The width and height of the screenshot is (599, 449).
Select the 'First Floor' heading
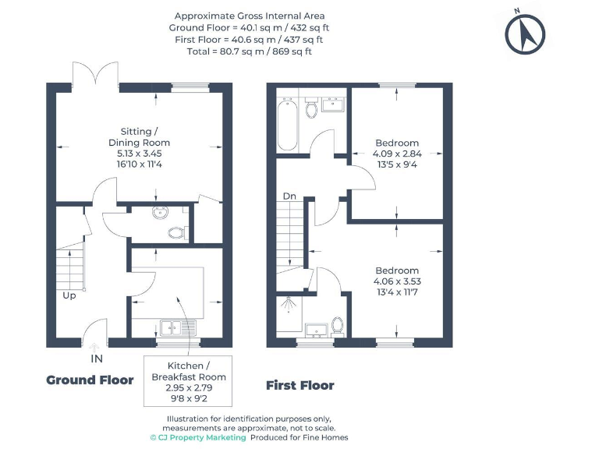coord(299,385)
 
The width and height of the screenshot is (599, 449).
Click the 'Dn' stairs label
coord(289,196)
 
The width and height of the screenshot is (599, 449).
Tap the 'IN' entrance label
coord(97,359)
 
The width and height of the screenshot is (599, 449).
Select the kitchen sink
coord(172,328)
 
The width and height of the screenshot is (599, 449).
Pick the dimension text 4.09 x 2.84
coord(397,154)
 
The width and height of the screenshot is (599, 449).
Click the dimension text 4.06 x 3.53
coord(396,281)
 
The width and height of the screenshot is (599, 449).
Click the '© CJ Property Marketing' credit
coord(198,437)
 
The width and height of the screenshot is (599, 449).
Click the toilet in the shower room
coord(337,323)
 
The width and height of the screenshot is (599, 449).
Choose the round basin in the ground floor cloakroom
coord(160,214)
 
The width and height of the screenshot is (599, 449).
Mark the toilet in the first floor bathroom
coord(312,110)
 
